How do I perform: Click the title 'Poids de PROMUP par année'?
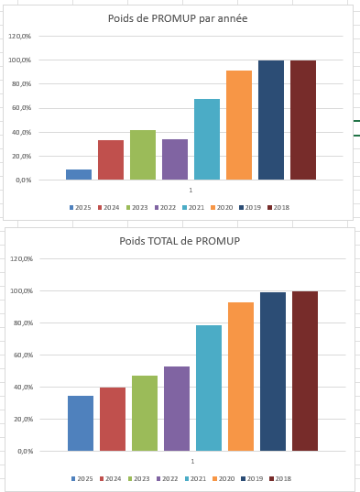tap(178, 18)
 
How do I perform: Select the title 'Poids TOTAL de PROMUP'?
tap(180, 241)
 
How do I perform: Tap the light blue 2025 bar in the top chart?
tap(79, 174)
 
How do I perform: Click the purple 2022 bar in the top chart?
tap(175, 159)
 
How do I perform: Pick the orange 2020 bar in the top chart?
tap(239, 126)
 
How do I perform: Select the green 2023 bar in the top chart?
tap(143, 155)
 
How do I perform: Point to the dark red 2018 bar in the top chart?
tap(303, 120)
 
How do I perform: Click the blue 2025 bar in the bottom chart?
tap(81, 423)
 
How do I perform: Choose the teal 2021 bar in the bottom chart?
tap(209, 388)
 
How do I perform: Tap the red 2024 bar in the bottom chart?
tap(113, 420)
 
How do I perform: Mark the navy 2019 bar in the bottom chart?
tap(273, 371)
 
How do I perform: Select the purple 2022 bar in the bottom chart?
tap(177, 409)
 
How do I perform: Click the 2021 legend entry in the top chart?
tap(193, 207)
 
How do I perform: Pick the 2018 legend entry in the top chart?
tap(278, 207)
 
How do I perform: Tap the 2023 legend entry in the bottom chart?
tap(138, 479)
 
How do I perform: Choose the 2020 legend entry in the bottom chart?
tap(224, 479)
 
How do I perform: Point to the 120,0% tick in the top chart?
tap(20, 37)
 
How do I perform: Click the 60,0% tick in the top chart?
tap(22, 108)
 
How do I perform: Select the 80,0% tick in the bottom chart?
tap(24, 323)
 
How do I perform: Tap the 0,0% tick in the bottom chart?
tap(25, 452)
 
